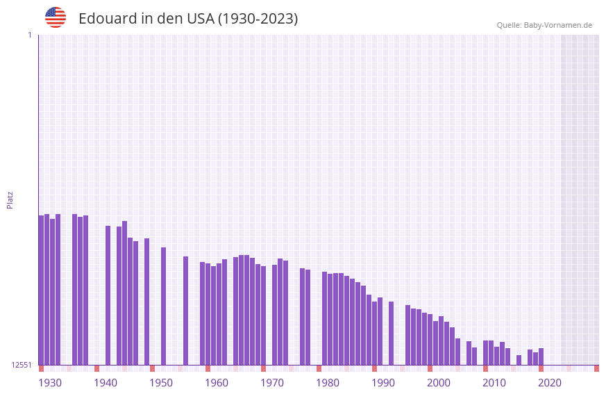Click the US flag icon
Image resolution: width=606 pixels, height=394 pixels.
56,17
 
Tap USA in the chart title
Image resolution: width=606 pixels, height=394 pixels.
200,19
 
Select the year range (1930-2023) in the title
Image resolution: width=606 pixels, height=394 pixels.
258,19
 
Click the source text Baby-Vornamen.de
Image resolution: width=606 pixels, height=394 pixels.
558,25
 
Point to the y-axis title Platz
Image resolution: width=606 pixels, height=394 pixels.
10,199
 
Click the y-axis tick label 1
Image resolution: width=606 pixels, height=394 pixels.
29,35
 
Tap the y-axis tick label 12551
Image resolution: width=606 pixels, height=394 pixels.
22,365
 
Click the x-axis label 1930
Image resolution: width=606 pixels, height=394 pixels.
50,383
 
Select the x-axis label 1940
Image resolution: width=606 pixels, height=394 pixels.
106,383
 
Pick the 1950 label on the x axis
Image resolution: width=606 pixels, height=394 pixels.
161,383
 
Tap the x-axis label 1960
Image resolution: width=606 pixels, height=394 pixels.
217,383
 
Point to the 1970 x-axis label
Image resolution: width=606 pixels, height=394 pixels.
272,383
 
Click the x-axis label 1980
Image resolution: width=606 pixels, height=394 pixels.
328,383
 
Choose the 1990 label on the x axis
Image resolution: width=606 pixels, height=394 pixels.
383,383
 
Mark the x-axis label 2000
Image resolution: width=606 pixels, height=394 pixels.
439,383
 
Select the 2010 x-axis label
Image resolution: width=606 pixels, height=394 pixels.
494,383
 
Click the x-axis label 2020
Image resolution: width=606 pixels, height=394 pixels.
550,383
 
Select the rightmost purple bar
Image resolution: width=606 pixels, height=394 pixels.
541,356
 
